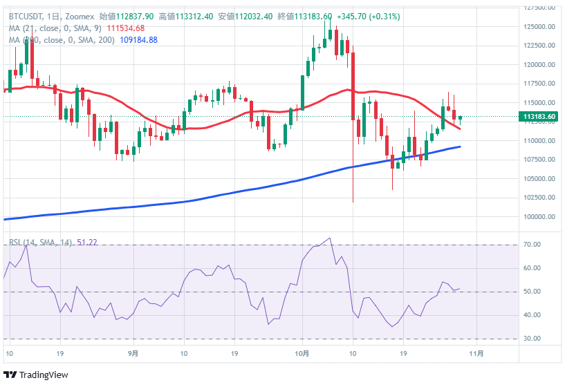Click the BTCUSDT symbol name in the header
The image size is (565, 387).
[26, 16]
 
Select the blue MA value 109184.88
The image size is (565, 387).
[138, 40]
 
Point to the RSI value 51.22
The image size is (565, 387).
[87, 242]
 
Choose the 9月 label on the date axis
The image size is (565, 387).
[133, 353]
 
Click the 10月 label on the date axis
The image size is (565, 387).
[301, 353]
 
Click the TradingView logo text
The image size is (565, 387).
[43, 375]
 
